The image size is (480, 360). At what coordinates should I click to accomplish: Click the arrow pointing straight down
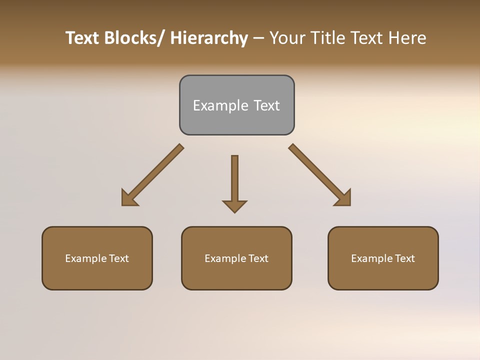point(234,182)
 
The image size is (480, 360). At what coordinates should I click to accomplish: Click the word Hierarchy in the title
point(209,38)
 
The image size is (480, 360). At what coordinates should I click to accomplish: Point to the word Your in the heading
point(286,38)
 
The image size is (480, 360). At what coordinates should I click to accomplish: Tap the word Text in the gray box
point(266,105)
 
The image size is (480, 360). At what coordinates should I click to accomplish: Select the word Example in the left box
point(86,258)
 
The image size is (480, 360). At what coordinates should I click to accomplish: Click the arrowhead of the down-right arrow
point(344,199)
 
